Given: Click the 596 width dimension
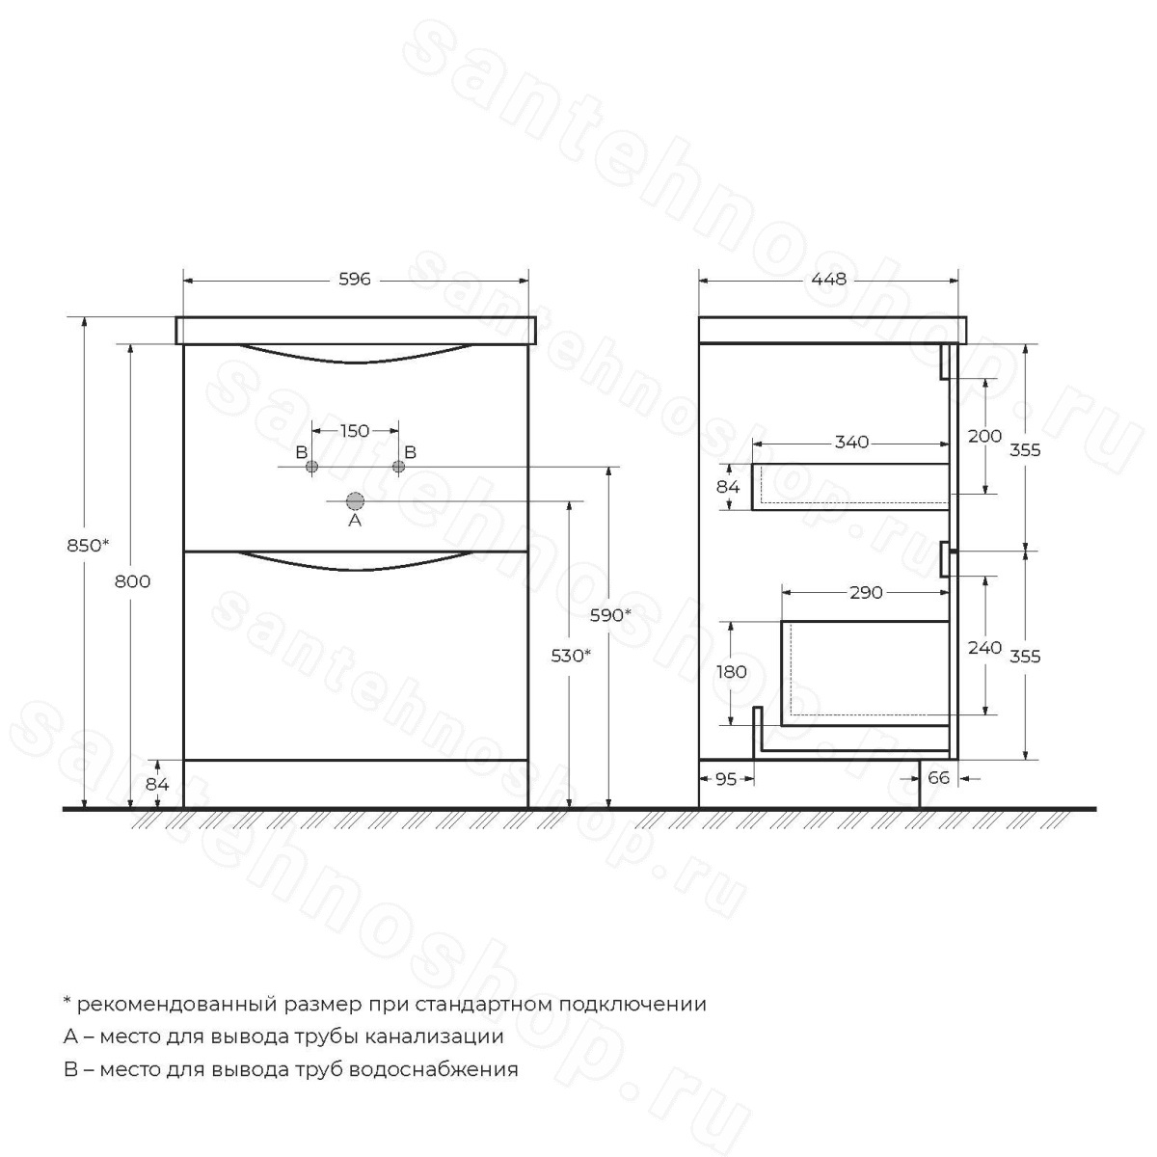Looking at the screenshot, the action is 355,280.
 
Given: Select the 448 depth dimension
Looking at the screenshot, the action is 828,280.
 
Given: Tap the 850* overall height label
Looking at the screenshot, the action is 89,545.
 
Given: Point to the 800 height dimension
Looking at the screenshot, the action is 133,581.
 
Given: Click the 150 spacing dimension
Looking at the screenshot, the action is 355,430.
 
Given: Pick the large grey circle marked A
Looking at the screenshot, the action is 355,500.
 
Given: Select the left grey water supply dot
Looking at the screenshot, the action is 311,467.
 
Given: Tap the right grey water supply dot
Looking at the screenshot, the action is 398,467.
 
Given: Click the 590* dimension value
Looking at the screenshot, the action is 610,615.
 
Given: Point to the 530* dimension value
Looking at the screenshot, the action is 571,656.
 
